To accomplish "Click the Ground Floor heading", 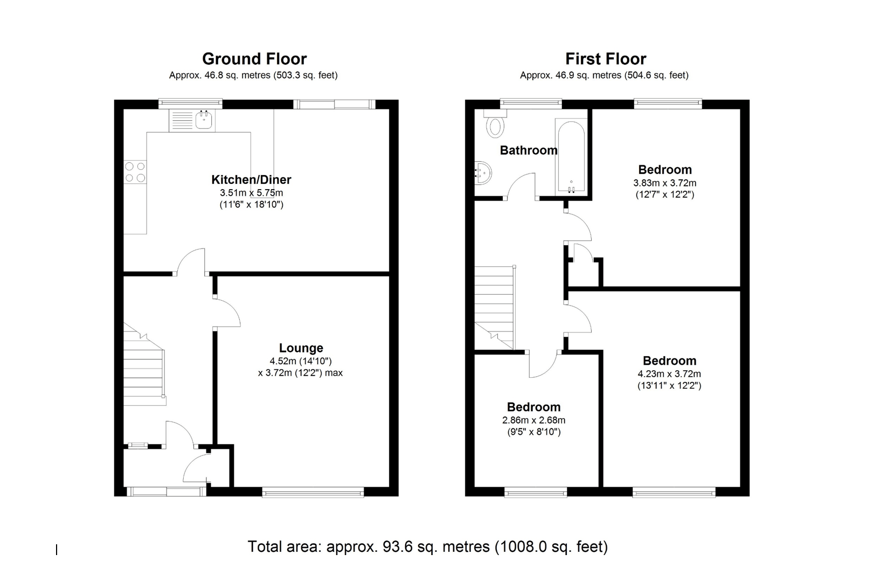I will point(254,59).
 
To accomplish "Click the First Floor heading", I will point(606,59).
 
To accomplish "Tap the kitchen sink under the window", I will point(204,120).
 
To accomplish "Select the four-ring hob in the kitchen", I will point(135,172).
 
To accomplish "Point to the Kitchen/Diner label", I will point(251,179).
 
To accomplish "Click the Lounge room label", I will point(301,348).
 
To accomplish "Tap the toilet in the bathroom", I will point(495,125).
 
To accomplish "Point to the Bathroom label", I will point(528,150).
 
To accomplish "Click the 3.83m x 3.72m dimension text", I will point(664,183).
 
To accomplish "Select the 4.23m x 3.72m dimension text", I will point(669,373).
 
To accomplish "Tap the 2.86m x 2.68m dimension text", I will point(533,420).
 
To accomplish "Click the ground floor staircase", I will point(144,372).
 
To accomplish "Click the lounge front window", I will point(313,491).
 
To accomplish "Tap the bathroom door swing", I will point(521,186).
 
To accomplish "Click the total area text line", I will point(427,546).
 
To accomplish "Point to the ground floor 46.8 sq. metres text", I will point(253,75).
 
